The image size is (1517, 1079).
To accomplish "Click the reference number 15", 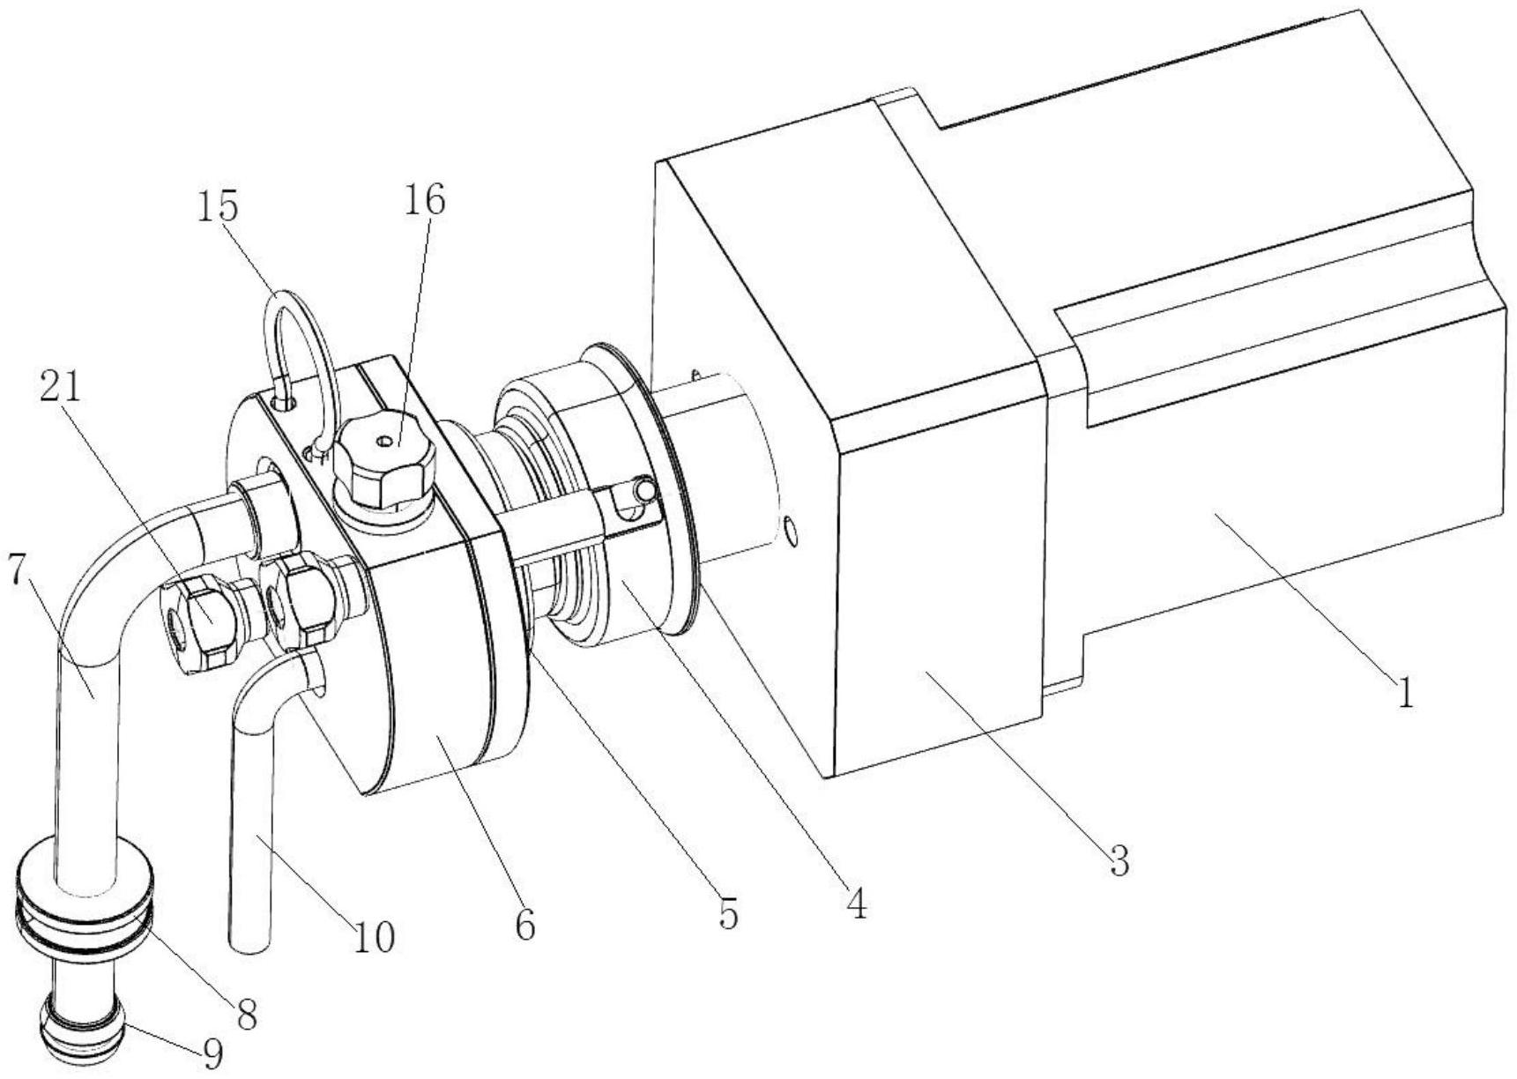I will click(x=217, y=206).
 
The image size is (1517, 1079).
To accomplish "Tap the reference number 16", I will click(x=425, y=200).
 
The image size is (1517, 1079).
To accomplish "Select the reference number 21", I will click(x=60, y=386).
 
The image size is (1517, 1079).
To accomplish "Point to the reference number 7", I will click(x=17, y=570).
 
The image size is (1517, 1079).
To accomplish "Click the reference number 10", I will click(x=374, y=937).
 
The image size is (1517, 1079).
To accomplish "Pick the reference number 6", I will click(x=525, y=926).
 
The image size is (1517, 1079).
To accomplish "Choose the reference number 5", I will click(x=727, y=915).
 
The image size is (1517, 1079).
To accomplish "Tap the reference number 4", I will click(x=855, y=904).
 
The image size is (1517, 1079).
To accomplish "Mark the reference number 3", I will click(x=1119, y=859).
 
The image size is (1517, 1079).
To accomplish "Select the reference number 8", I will click(x=248, y=1015).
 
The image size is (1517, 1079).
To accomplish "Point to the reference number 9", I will click(x=212, y=1054).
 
